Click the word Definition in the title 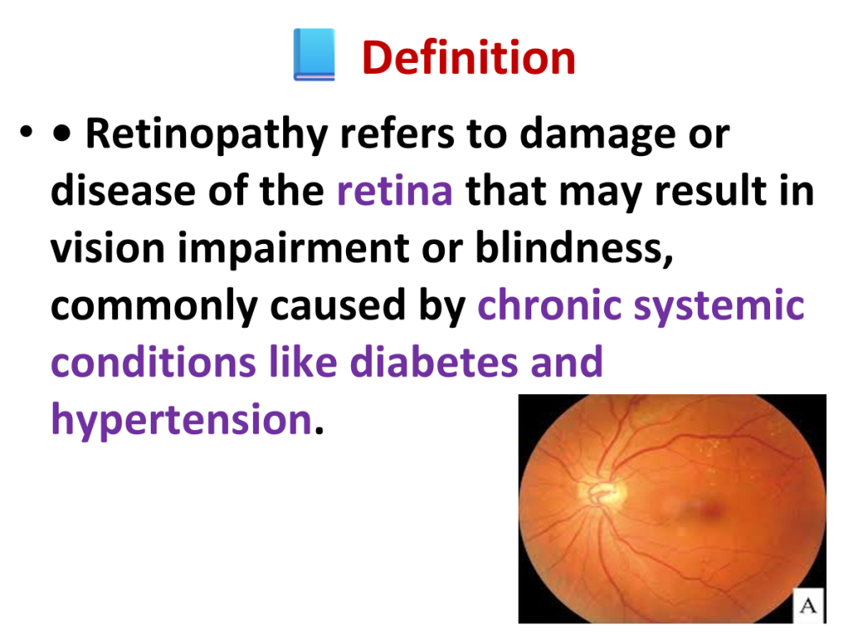click(468, 58)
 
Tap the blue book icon click(314, 55)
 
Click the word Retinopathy click(207, 135)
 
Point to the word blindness click(574, 247)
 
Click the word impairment click(293, 248)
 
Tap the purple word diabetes click(433, 362)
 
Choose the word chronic click(550, 305)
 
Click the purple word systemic click(719, 306)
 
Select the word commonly click(154, 306)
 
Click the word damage click(597, 135)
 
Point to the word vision click(108, 248)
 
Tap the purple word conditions click(153, 362)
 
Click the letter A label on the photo click(809, 605)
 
